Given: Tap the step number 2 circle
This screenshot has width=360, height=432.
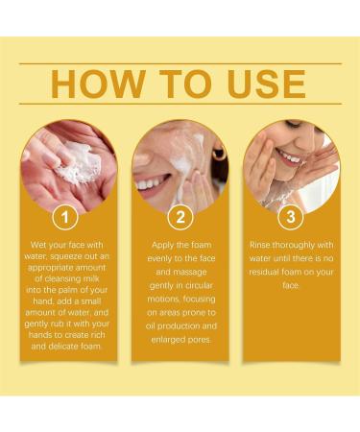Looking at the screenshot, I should coord(180,217).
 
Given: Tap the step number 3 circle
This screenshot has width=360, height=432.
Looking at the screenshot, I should coord(290,217).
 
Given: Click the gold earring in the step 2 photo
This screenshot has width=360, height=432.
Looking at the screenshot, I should coord(220,154).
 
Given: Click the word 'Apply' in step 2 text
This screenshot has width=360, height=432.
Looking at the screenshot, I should coord(163,245).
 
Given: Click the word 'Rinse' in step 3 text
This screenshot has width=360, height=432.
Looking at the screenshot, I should coord(266,245).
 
